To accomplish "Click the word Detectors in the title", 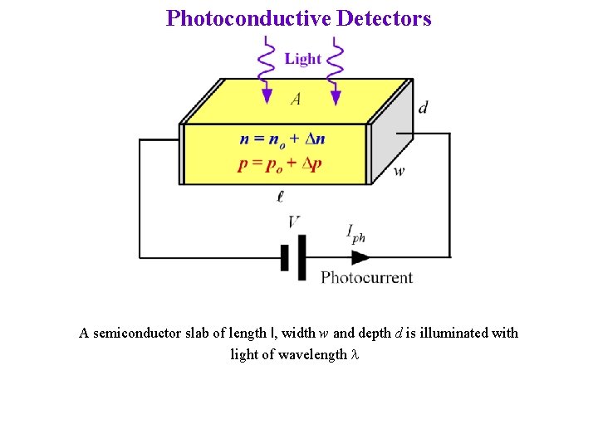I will click(x=384, y=18).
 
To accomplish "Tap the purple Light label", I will click(x=302, y=58).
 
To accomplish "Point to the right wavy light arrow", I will click(x=335, y=71).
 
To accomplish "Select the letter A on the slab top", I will click(x=296, y=100).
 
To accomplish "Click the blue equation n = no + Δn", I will click(x=282, y=139).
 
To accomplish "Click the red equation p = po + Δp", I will click(x=280, y=163).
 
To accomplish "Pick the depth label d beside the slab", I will click(x=423, y=106).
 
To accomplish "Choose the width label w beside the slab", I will click(x=399, y=172).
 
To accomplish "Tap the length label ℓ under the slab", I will click(x=281, y=197).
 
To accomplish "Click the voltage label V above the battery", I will click(x=294, y=222).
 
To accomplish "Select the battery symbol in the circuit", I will click(x=293, y=257).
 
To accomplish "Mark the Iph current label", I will click(x=355, y=234).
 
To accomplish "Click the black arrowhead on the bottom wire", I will click(x=360, y=257).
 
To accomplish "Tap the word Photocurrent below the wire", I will click(x=366, y=277).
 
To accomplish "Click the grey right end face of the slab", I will click(x=390, y=133).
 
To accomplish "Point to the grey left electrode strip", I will click(x=180, y=153).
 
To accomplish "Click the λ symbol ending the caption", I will click(x=355, y=354).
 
